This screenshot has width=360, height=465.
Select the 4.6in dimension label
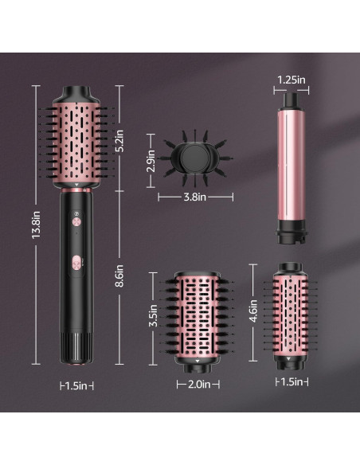253,307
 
